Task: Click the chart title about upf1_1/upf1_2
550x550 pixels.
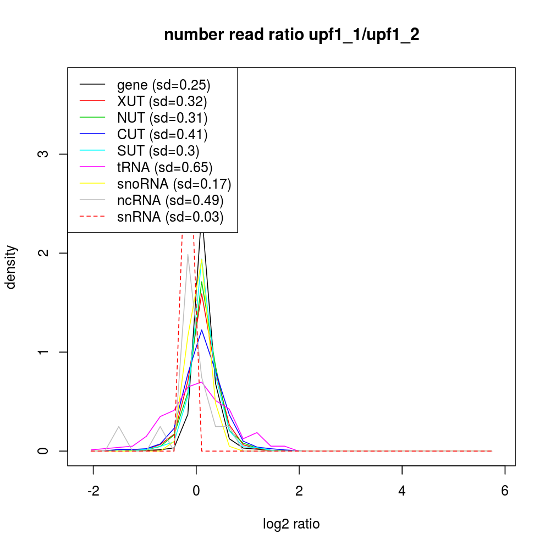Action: pyautogui.click(x=291, y=35)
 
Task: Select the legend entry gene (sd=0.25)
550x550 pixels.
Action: pyautogui.click(x=163, y=85)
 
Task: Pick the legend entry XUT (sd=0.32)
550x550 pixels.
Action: pyautogui.click(x=162, y=101)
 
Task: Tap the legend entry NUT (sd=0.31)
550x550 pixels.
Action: pyautogui.click(x=162, y=118)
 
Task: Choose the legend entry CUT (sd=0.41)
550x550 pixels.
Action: pyautogui.click(x=162, y=134)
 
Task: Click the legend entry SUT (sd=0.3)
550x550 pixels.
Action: pyautogui.click(x=158, y=151)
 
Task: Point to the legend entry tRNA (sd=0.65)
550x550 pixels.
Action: pyautogui.click(x=164, y=167)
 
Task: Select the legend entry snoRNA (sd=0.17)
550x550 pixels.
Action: pyautogui.click(x=174, y=184)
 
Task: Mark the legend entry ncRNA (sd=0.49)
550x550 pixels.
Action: pyautogui.click(x=170, y=200)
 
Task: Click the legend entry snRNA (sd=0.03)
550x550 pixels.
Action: pyautogui.click(x=170, y=217)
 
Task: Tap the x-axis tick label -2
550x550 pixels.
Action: pyautogui.click(x=93, y=491)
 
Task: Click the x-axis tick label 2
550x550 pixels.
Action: pyautogui.click(x=299, y=491)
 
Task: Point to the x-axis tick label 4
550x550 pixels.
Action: pyautogui.click(x=402, y=491)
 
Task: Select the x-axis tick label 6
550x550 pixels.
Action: pyautogui.click(x=505, y=491)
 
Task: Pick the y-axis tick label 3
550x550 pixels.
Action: pyautogui.click(x=47, y=153)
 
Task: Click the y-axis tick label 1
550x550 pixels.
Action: pyautogui.click(x=47, y=352)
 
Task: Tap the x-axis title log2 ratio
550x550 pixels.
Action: pyautogui.click(x=291, y=524)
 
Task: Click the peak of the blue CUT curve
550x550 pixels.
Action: pyautogui.click(x=202, y=330)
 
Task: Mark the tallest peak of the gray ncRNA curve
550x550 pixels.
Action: pyautogui.click(x=188, y=254)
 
